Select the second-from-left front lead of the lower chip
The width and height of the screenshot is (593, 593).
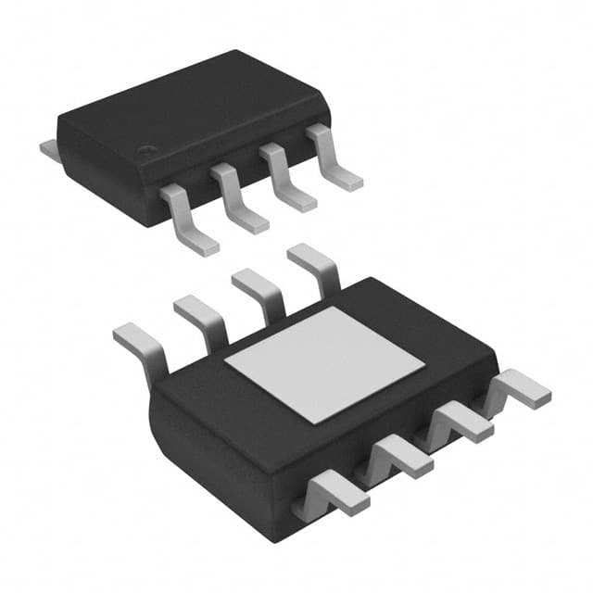(x=397, y=458)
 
